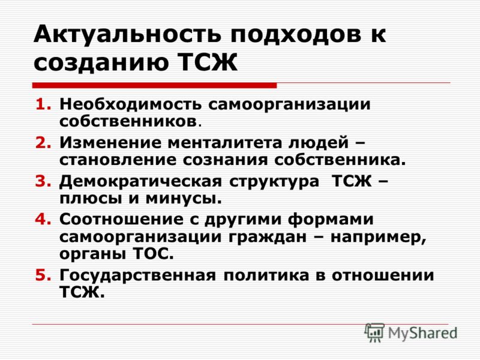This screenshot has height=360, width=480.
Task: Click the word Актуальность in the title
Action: point(127,34)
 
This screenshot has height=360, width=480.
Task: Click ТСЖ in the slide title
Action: point(208,62)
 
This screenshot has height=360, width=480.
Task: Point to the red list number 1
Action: point(43,104)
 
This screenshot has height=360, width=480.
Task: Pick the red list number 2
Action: point(43,143)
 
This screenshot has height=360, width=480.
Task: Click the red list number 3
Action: point(43,181)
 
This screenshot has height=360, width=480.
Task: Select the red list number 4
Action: point(43,219)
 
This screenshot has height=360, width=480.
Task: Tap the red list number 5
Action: point(43,275)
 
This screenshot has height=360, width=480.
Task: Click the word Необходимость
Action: point(131,104)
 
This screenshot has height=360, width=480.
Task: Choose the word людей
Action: point(319,143)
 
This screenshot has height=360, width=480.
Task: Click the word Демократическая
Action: point(140,181)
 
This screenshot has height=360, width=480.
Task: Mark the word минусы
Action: point(184,199)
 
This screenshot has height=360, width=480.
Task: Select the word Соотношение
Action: point(121,219)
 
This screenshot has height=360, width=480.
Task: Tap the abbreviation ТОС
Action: point(154,254)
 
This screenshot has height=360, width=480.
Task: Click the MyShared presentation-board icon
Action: point(374,332)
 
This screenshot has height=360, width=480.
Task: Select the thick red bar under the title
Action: point(155,85)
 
